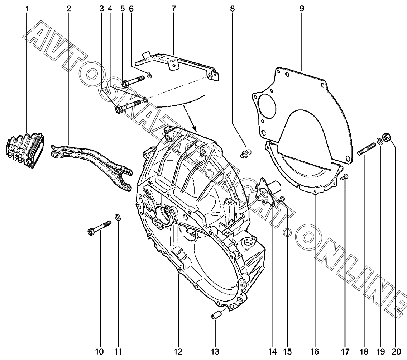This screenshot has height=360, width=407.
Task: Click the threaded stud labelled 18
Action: click(366, 148)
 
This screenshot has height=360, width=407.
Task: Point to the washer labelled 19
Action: click(379, 141)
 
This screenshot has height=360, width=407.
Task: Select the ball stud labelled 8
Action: click(245, 153)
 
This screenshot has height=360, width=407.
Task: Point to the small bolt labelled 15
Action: click(281, 199)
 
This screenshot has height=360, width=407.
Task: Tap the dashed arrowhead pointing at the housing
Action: click(194, 128)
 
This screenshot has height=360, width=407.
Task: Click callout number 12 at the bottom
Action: click(178, 352)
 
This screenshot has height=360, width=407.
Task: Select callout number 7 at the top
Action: click(173, 9)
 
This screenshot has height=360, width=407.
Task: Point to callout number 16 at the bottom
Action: click(314, 352)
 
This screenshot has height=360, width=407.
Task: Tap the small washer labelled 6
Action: click(149, 75)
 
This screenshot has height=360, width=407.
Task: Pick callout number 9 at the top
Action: click(302, 9)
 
